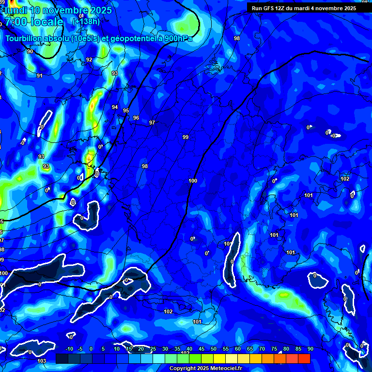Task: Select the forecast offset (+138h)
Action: [86, 21]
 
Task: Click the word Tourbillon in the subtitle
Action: [25, 39]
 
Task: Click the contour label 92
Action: [89, 60]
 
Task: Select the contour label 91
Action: [40, 76]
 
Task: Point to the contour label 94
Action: [115, 107]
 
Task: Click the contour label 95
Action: [126, 111]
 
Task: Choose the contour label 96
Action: [136, 118]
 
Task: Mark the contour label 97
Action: [152, 123]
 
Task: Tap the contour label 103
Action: [42, 361]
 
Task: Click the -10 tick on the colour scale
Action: [69, 349]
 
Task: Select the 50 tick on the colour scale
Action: [214, 349]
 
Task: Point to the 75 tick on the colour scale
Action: [274, 349]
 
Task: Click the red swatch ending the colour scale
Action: [304, 358]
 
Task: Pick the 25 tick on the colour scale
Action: [153, 349]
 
